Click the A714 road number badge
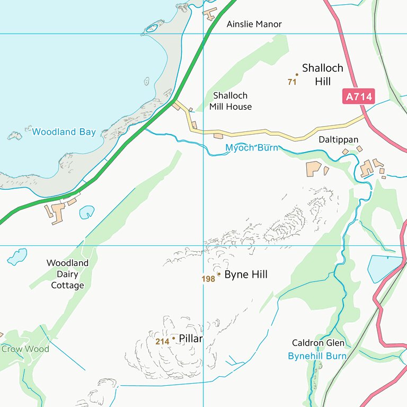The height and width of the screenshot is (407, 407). (x=359, y=96)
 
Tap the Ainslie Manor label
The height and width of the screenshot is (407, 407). (x=254, y=24)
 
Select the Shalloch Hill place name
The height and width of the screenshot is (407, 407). (x=322, y=74)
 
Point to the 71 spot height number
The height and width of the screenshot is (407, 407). (x=291, y=82)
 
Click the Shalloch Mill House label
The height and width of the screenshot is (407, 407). (x=230, y=101)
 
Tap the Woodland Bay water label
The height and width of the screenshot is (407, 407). (x=64, y=132)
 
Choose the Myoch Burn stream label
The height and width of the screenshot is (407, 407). (x=251, y=148)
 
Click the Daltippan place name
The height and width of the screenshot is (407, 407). (x=339, y=140)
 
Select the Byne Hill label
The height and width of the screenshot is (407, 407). (x=245, y=275)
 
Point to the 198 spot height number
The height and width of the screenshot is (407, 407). (x=208, y=279)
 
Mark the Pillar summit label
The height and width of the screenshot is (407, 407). (x=191, y=339)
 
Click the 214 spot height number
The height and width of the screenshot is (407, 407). (x=162, y=342)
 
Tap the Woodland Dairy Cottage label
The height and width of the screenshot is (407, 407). (x=67, y=274)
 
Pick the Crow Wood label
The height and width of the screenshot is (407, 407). (x=25, y=349)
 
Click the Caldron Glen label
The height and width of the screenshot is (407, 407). (x=318, y=343)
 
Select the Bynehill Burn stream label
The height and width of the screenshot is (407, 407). (x=317, y=356)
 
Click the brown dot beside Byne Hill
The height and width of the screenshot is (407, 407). (x=219, y=274)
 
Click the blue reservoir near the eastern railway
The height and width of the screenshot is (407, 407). (x=384, y=268)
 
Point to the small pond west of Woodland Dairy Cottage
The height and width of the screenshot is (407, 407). (x=17, y=256)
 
